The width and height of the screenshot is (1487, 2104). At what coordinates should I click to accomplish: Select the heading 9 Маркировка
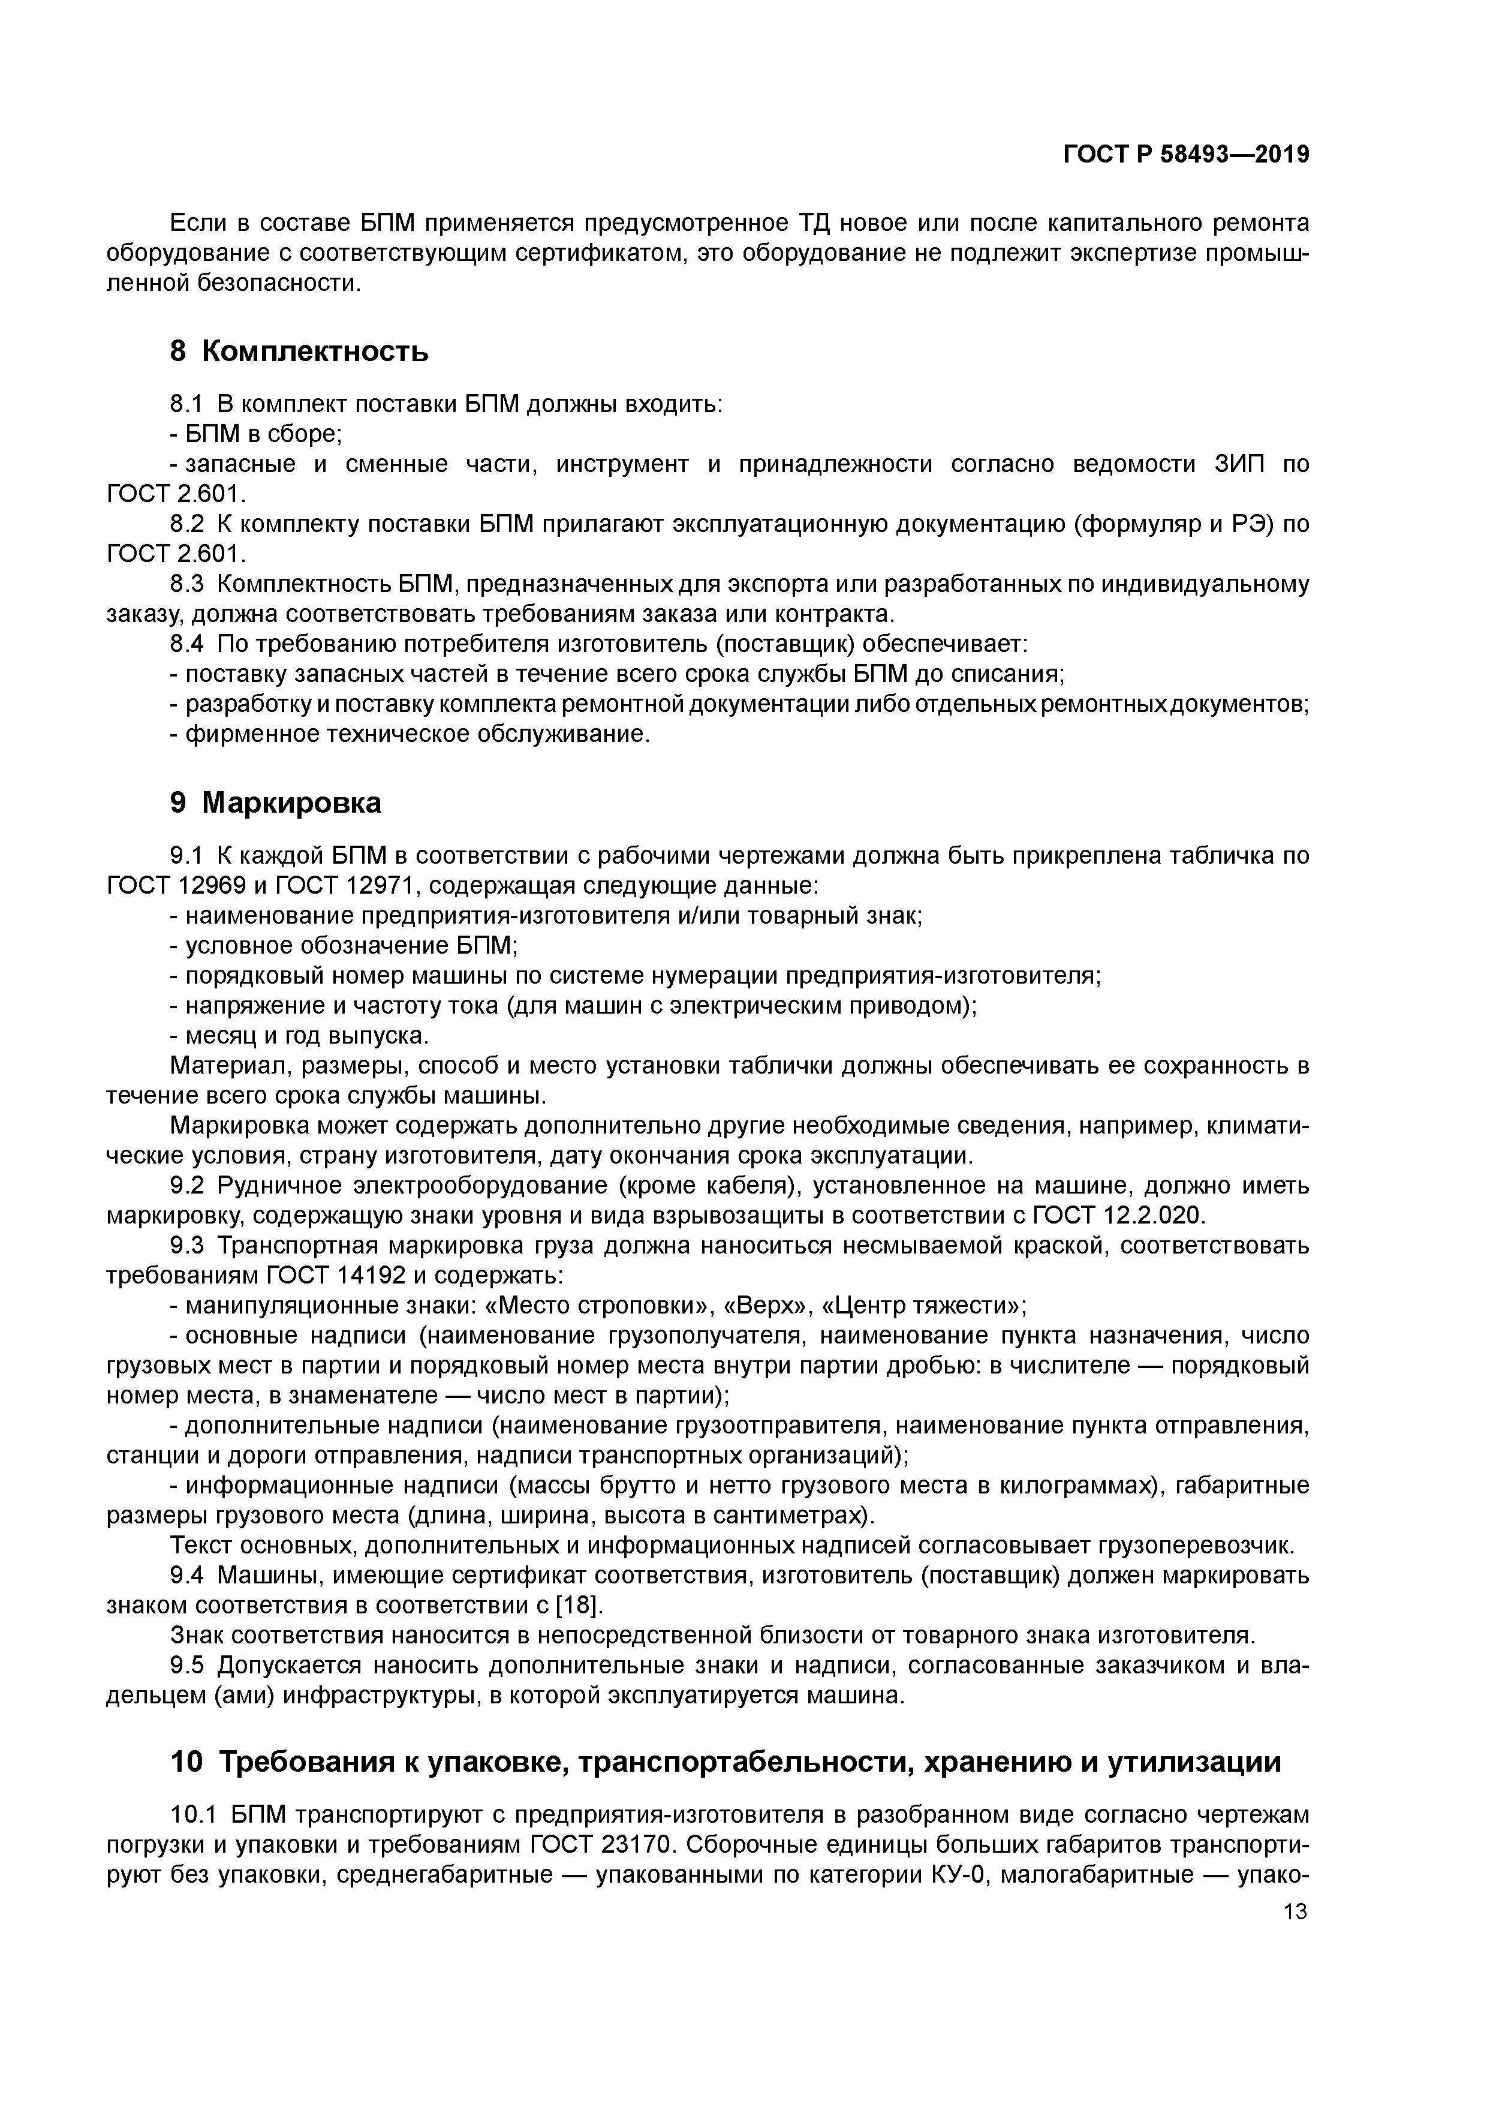(x=276, y=802)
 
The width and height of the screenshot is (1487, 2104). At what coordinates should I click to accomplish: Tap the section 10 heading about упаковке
(x=724, y=1762)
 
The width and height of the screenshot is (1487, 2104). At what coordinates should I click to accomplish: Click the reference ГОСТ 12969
(x=177, y=886)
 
